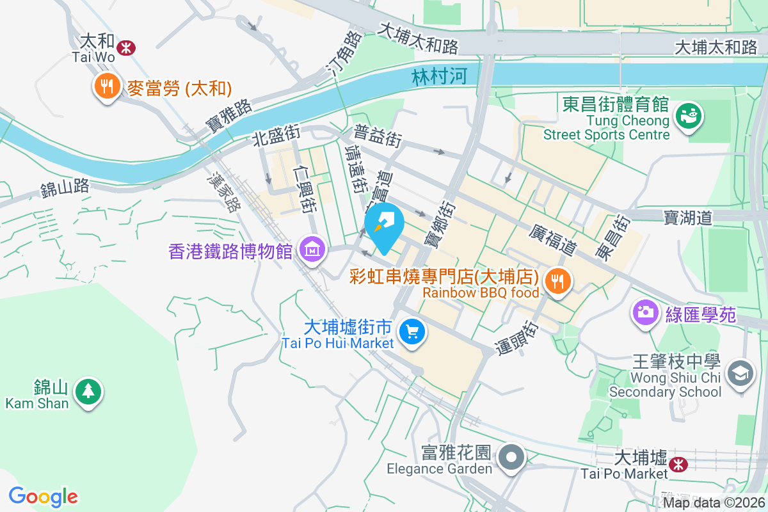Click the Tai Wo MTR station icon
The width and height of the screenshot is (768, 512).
click(126, 47)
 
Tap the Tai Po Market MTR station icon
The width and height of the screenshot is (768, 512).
click(678, 463)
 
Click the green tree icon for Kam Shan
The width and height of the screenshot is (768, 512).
click(88, 390)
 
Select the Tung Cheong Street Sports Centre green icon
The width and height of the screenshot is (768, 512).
click(689, 117)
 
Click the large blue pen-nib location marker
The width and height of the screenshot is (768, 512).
click(384, 226)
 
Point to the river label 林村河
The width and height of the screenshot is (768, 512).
click(437, 77)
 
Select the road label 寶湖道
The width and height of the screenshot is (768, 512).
click(689, 218)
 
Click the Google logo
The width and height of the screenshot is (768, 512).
click(44, 497)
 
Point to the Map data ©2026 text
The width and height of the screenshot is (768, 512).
click(714, 502)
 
